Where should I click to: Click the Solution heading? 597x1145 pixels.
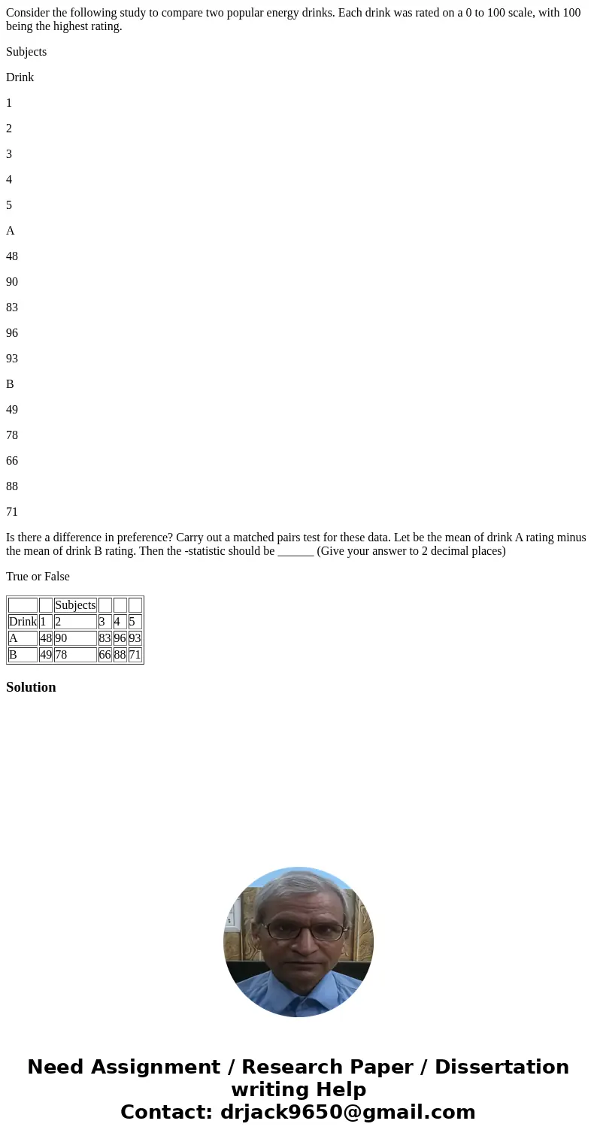(x=31, y=687)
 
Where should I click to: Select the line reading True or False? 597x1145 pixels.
(x=38, y=577)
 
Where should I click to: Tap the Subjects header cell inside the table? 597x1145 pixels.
(x=75, y=605)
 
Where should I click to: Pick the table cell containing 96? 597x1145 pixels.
(x=120, y=638)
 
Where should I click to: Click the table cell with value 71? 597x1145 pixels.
(x=135, y=655)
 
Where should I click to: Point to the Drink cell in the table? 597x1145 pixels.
(x=23, y=622)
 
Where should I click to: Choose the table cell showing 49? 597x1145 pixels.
(x=45, y=655)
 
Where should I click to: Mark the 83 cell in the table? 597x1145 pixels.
(x=105, y=638)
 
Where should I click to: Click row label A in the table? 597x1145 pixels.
(x=13, y=638)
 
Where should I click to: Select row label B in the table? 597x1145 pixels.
(x=13, y=655)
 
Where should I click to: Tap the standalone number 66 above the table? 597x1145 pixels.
(x=12, y=461)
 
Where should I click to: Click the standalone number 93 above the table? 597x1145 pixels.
(x=12, y=359)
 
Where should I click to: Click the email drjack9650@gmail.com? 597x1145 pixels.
(x=347, y=1112)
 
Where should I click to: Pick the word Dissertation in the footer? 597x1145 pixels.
(x=502, y=1068)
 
